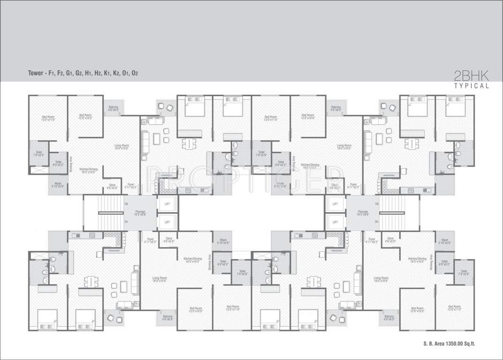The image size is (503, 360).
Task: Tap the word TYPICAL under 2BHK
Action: point(472,86)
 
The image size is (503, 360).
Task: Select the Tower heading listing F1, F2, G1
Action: point(83,73)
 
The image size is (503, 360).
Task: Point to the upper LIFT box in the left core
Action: point(167,204)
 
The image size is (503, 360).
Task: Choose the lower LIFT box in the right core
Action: point(335,221)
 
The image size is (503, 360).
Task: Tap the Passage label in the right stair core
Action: point(362,212)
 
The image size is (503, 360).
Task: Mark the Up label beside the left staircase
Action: point(126,204)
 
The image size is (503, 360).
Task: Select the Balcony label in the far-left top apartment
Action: point(113,108)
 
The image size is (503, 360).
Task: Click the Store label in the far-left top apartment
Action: point(113,186)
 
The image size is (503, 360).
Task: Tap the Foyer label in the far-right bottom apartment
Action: point(372,240)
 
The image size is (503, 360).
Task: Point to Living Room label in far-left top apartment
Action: point(121,147)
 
